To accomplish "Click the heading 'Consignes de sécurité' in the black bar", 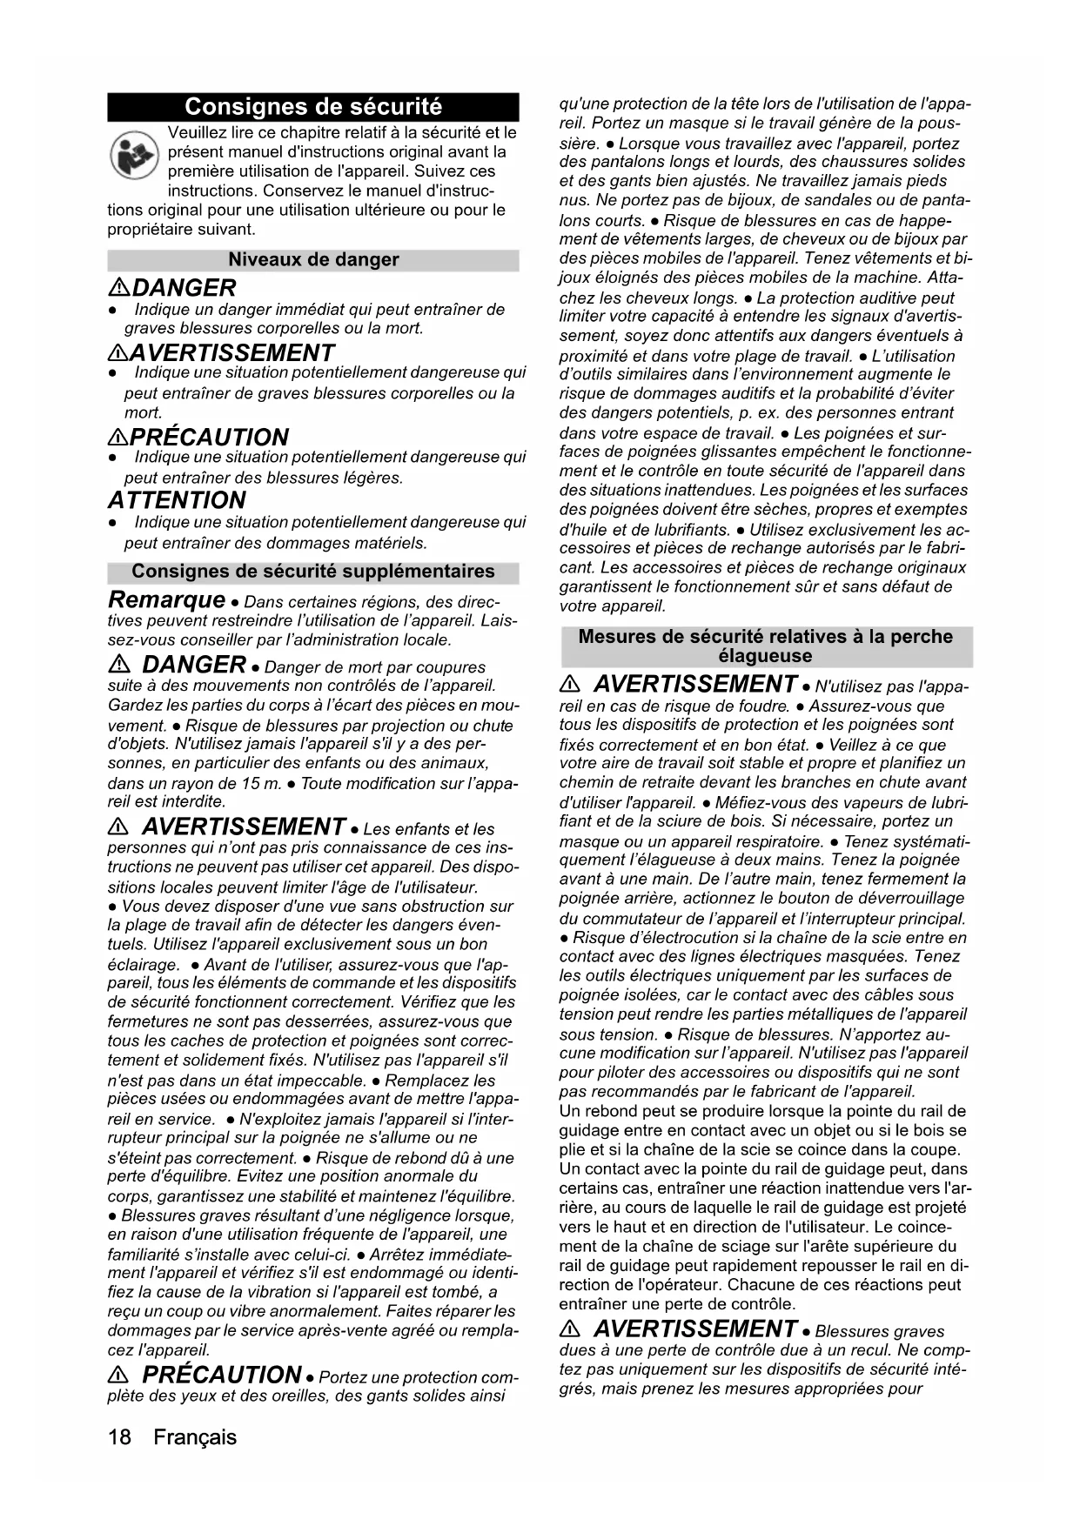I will pyautogui.click(x=313, y=107).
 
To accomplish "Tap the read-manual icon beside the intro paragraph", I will pyautogui.click(x=134, y=154).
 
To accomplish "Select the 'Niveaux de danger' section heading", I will pyautogui.click(x=313, y=259).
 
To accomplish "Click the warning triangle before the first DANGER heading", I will pyautogui.click(x=119, y=289).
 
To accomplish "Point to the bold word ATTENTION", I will pyautogui.click(x=177, y=500).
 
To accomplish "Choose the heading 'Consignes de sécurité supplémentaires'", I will pyautogui.click(x=313, y=572).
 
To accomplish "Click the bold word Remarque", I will pyautogui.click(x=166, y=600).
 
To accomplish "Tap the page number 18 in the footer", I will pyautogui.click(x=120, y=1436).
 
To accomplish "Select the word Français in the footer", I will pyautogui.click(x=195, y=1436).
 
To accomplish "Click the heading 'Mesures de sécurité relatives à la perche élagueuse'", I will pyautogui.click(x=766, y=646).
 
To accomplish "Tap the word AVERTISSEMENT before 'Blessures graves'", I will pyautogui.click(x=695, y=1329).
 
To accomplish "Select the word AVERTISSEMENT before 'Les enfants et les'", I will pyautogui.click(x=244, y=827).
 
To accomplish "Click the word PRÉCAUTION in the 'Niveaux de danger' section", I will pyautogui.click(x=209, y=437).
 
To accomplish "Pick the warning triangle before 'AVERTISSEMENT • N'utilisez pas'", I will pyautogui.click(x=571, y=685).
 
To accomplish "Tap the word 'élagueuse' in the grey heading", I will pyautogui.click(x=766, y=656).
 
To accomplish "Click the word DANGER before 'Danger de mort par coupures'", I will pyautogui.click(x=193, y=666).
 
